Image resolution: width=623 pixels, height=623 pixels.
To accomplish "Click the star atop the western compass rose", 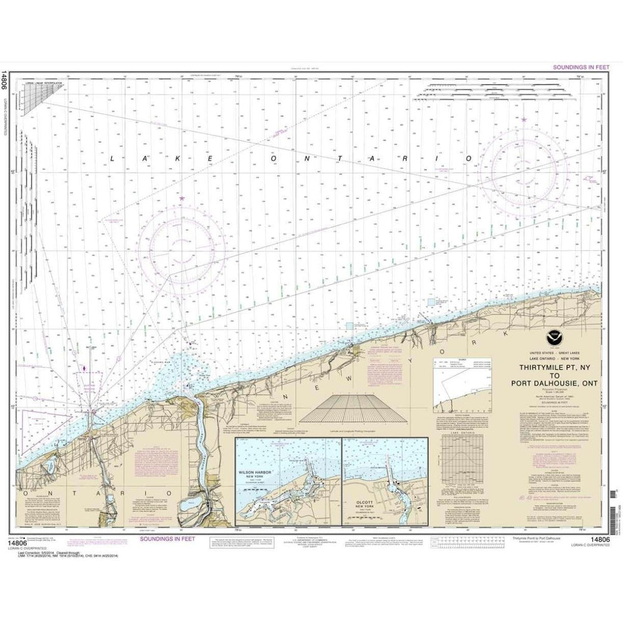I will tap(182, 198).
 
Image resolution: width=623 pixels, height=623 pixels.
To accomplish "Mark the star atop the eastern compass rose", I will tap(525, 119).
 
